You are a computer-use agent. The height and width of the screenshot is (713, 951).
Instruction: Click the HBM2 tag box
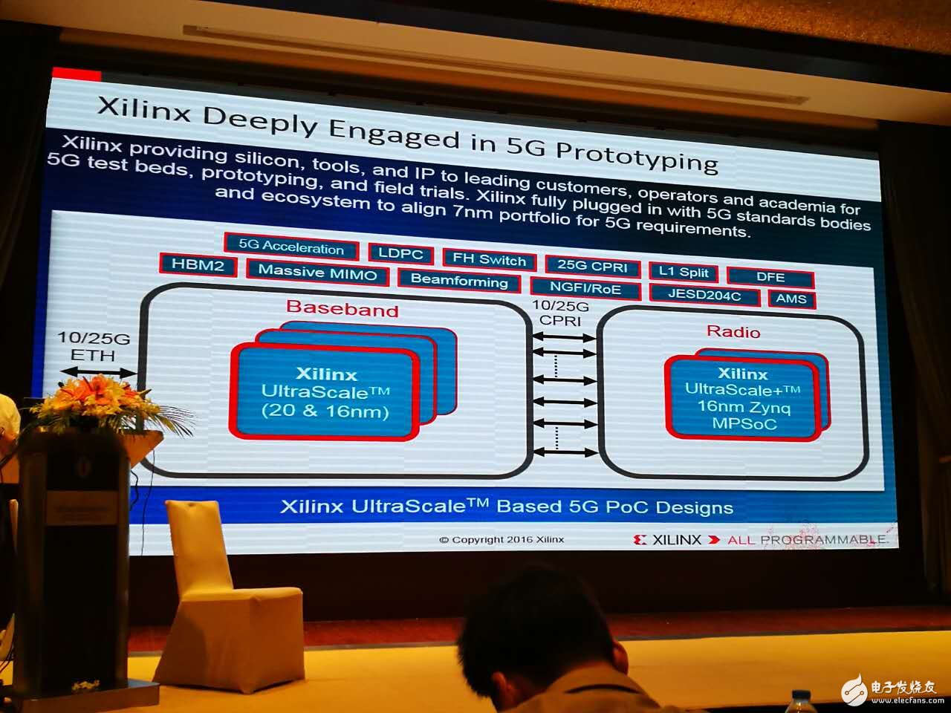[198, 264]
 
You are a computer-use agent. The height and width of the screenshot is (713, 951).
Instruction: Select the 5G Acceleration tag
[291, 247]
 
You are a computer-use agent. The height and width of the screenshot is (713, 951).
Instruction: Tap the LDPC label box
[400, 253]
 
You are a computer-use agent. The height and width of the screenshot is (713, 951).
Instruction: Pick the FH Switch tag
[489, 259]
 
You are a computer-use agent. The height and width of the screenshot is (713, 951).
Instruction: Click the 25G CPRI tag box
[592, 266]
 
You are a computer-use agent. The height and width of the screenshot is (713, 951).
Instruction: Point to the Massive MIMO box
[317, 272]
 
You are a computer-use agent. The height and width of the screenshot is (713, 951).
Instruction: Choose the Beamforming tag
[459, 281]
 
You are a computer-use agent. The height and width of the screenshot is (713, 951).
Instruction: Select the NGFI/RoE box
[585, 287]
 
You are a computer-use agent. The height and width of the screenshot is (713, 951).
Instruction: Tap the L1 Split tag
[684, 272]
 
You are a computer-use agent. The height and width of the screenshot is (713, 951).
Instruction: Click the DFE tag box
[770, 277]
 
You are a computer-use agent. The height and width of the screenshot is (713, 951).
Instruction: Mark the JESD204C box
[704, 296]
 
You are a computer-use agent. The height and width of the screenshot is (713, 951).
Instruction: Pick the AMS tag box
[791, 299]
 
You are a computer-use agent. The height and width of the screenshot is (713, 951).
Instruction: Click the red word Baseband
[343, 308]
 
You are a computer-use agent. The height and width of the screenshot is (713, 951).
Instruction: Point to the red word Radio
[733, 331]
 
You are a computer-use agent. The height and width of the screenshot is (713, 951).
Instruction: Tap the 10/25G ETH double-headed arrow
[99, 371]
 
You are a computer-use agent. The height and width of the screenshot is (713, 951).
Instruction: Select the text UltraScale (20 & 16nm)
[325, 401]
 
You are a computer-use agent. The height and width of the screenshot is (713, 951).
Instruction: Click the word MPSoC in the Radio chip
[744, 423]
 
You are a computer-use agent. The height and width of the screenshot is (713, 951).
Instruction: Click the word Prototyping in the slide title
[637, 157]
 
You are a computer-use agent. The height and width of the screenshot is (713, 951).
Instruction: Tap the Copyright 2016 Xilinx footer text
[502, 540]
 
